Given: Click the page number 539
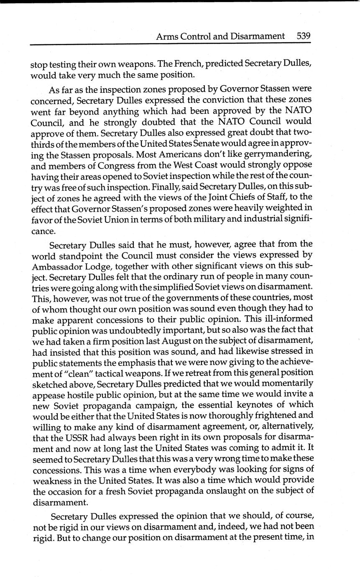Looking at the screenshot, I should pyautogui.click(x=304, y=36).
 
